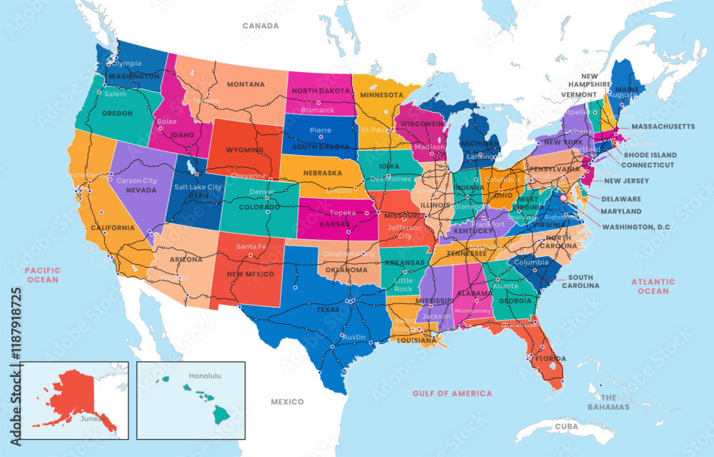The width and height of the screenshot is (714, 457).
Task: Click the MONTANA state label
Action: tap(245, 84)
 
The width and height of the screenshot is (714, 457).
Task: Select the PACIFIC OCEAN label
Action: tap(41, 275)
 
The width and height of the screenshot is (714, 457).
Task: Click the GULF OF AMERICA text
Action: tap(452, 393)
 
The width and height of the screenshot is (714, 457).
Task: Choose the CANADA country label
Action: tap(260, 26)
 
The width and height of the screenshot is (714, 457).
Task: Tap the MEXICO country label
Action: tap(287, 402)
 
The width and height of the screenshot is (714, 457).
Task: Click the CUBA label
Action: tap(565, 426)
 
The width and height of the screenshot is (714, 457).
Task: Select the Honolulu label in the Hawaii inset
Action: tap(206, 375)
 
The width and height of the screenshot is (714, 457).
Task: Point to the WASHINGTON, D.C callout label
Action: tap(636, 227)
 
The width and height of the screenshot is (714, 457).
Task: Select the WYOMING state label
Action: tap(245, 151)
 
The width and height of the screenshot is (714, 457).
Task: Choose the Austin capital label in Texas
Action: tap(355, 337)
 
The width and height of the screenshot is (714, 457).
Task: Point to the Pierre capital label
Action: tap(320, 131)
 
